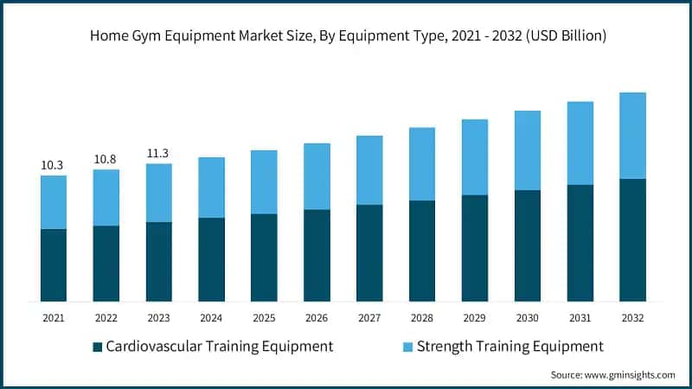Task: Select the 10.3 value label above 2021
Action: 54,164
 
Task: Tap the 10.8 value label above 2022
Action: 106,159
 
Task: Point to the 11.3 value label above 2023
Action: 159,153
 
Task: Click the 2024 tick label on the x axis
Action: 212,318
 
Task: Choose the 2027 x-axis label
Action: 369,318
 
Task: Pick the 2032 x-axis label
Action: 632,318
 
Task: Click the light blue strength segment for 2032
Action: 632,136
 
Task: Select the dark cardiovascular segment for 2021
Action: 54,265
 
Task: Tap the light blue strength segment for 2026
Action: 317,176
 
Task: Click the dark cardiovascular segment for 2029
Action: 474,248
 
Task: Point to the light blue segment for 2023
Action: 159,193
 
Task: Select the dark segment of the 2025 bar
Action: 264,258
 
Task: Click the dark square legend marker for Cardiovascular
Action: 97,347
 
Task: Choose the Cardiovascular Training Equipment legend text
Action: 219,347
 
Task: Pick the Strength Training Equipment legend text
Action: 509,347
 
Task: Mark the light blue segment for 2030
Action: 527,150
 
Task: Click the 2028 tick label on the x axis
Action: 422,318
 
